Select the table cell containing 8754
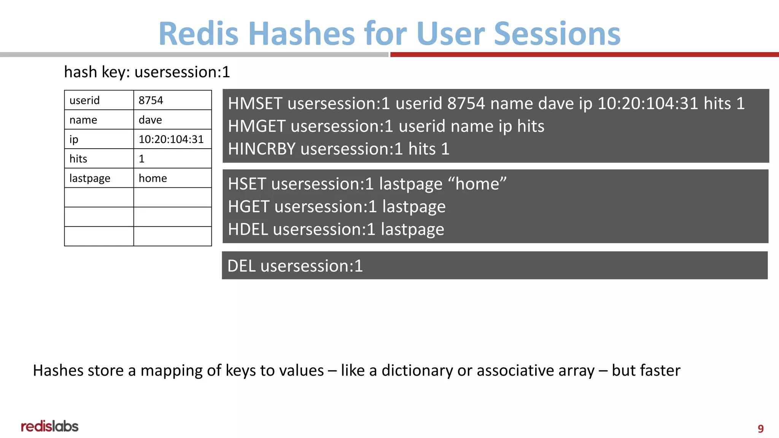pyautogui.click(x=172, y=100)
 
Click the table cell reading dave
pyautogui.click(x=172, y=120)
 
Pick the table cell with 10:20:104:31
pyautogui.click(x=172, y=139)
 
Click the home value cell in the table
pyautogui.click(x=172, y=178)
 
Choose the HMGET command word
pyautogui.click(x=256, y=126)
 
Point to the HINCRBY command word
pyautogui.click(x=261, y=149)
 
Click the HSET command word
pyautogui.click(x=246, y=184)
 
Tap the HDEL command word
pyautogui.click(x=248, y=229)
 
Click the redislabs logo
pyautogui.click(x=50, y=426)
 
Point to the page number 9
pyautogui.click(x=760, y=428)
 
